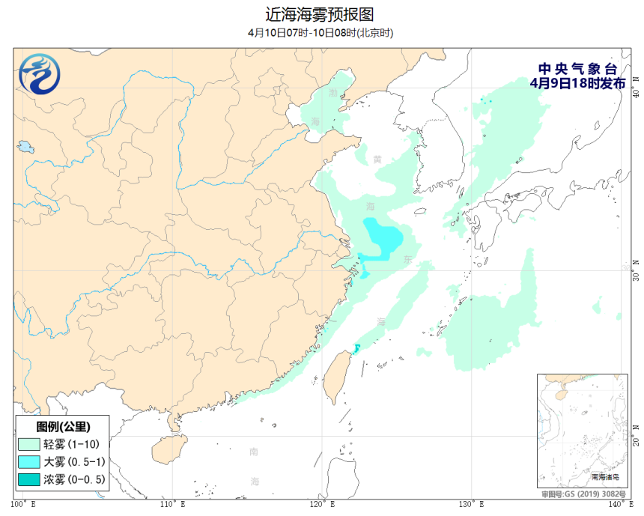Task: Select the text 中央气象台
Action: pos(577,68)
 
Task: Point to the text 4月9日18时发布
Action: pos(577,83)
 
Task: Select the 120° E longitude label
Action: pos(323,504)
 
